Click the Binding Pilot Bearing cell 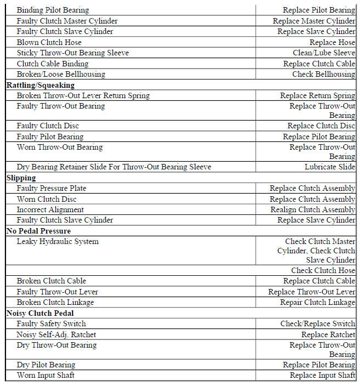tap(53, 10)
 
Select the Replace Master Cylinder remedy tap(314, 21)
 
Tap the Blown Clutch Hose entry tap(49, 42)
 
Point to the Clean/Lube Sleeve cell tap(324, 53)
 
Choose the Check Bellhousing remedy tap(323, 74)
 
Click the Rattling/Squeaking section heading tap(40, 85)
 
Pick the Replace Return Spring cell tap(318, 95)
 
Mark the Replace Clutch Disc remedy tap(321, 126)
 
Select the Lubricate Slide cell tap(330, 167)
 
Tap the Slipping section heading tap(21, 178)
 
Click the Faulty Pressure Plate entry tap(51, 188)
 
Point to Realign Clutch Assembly tap(313, 209)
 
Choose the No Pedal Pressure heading tap(38, 231)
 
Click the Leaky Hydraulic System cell tap(58, 241)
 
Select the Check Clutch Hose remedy tap(323, 270)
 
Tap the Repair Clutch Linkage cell tap(317, 302)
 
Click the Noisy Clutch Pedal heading tap(40, 313)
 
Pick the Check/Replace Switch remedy tap(318, 323)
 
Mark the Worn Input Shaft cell tap(46, 375)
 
